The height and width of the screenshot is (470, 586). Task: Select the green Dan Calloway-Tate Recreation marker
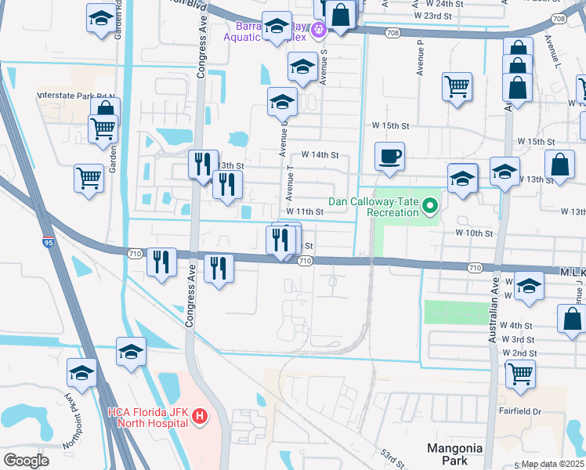point(429,207)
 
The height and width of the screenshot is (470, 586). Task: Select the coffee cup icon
point(389,157)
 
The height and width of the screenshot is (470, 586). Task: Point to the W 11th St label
point(305,212)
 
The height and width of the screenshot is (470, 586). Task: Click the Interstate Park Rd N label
point(76,96)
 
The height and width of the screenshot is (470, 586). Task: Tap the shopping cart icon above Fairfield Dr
point(519,375)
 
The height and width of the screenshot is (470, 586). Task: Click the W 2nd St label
point(519,353)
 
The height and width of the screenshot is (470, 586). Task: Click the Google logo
point(26,461)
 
